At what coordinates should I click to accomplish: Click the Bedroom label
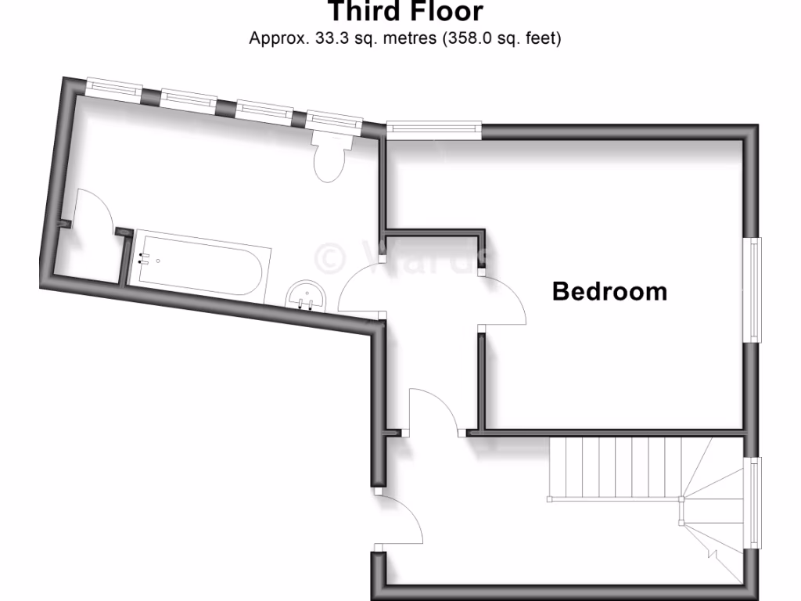coord(609,291)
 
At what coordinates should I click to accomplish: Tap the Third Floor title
coord(404,12)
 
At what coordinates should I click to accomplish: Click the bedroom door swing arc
coord(505,301)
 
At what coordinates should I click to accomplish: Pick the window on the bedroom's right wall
coord(754,289)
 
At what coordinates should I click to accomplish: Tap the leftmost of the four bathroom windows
coord(114,88)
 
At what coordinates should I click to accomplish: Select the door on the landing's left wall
coord(399,520)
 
